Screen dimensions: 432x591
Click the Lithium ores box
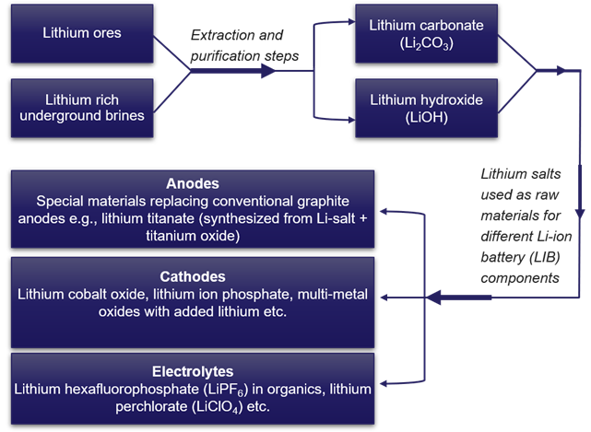(81, 34)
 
